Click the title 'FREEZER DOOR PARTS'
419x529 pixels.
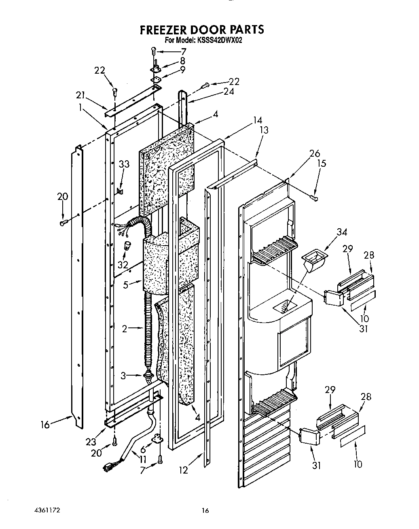(x=202, y=30)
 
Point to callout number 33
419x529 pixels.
(x=124, y=164)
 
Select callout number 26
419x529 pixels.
(x=314, y=153)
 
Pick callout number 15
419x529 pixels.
(x=322, y=164)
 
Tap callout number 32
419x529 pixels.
(x=123, y=265)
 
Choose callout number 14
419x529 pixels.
(x=257, y=120)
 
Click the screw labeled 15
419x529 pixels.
(x=314, y=198)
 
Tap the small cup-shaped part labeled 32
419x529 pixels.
(x=128, y=245)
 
